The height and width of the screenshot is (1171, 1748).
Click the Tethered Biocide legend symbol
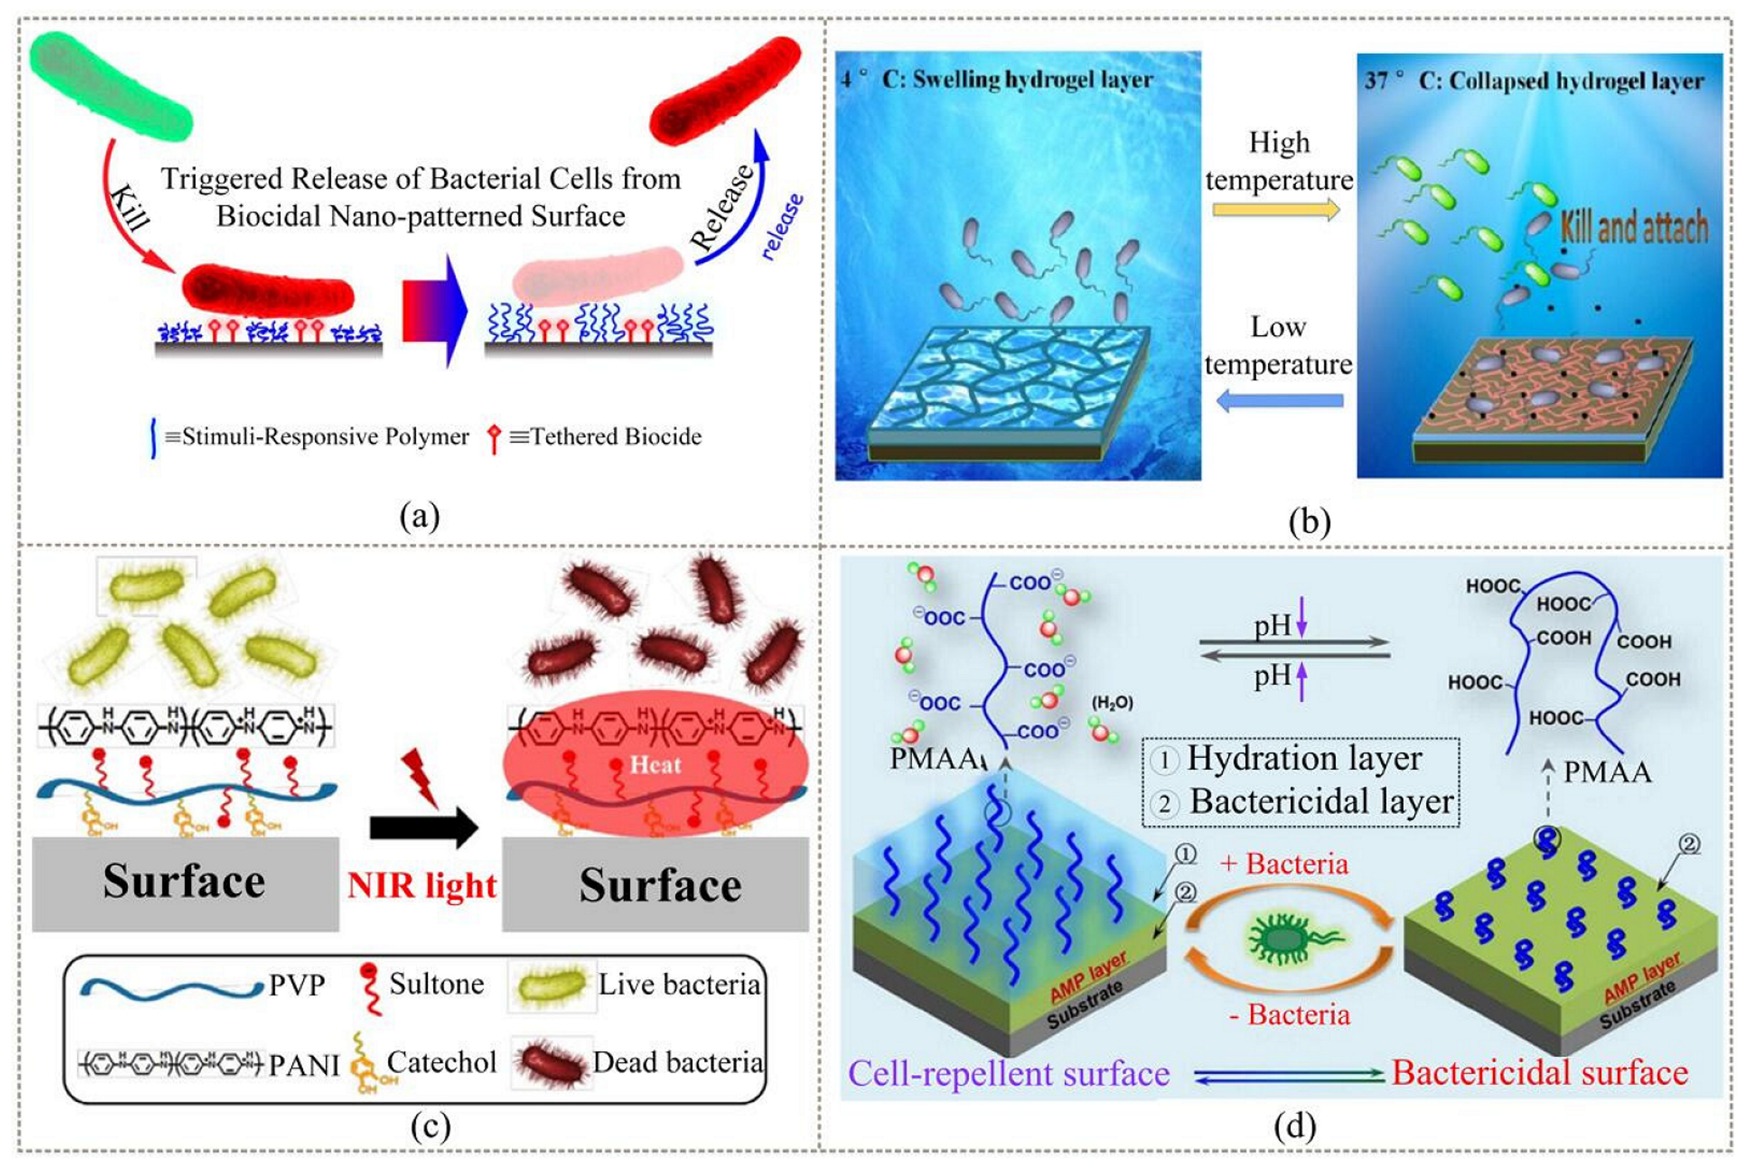[493, 438]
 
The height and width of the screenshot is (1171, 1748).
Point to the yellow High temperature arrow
[1276, 211]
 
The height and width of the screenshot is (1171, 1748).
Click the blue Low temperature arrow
[1279, 401]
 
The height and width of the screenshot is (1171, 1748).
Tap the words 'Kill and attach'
[1634, 227]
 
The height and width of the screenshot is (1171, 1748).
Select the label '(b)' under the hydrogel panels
[1309, 521]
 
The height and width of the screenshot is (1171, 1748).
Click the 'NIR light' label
[422, 886]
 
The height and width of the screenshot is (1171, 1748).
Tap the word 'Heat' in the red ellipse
[655, 764]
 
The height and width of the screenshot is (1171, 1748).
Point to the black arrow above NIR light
[423, 827]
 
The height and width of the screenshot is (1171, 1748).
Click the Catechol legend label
[442, 1062]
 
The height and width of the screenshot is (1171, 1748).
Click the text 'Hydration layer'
[1304, 758]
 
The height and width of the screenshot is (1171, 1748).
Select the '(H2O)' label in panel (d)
[1113, 703]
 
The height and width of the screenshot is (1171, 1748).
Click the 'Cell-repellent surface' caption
[1008, 1074]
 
